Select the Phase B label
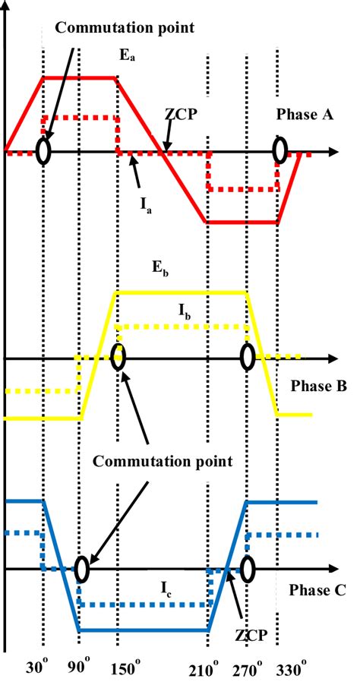[x=318, y=387]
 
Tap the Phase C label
[x=317, y=589]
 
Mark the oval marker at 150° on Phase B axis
[x=117, y=356]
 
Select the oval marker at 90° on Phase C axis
[x=81, y=569]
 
